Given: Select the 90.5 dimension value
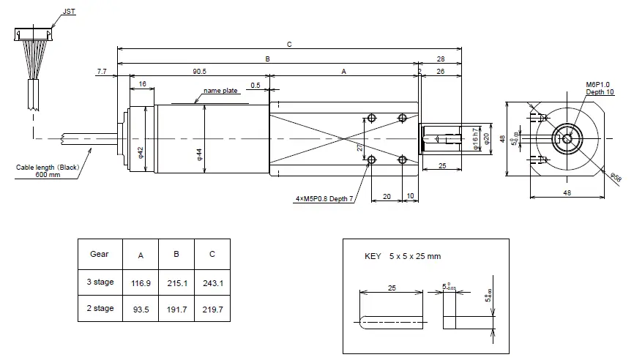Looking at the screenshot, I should [x=198, y=71].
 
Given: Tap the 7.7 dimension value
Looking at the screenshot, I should [x=101, y=71].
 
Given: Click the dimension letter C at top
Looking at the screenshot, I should [x=289, y=45].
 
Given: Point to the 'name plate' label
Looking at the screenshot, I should [x=220, y=91].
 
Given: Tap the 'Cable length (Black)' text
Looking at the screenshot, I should [x=48, y=168].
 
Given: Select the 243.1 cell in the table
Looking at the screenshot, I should [x=212, y=281].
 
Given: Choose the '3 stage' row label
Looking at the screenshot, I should [x=100, y=281].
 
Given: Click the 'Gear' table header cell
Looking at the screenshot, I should [x=100, y=254].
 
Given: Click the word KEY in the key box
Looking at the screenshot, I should [x=373, y=256].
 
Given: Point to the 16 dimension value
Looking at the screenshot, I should [x=142, y=84].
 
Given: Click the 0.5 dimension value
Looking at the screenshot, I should [x=255, y=84].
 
